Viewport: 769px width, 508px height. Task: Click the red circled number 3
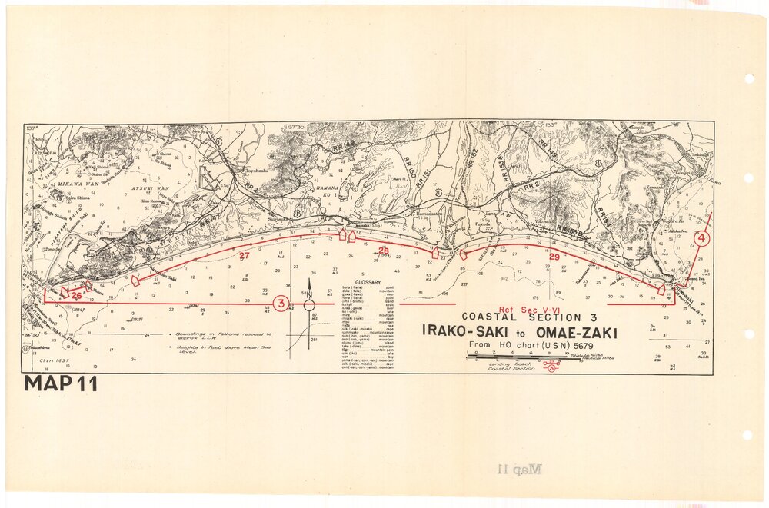pos(281,304)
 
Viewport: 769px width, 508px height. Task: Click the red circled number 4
pos(703,238)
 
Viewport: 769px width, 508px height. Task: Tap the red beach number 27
pos(245,256)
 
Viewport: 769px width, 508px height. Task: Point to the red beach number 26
pos(76,294)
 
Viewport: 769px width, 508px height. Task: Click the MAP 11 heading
pos(61,384)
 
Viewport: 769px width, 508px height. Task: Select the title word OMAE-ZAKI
pos(577,332)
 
